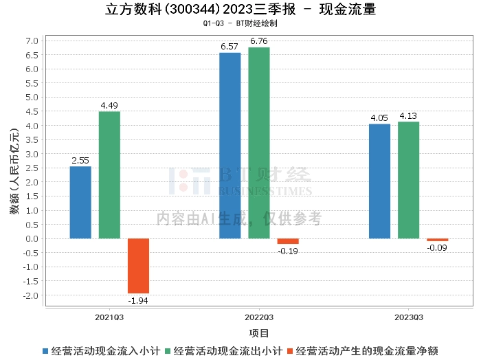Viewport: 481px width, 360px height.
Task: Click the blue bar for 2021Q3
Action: pos(80,203)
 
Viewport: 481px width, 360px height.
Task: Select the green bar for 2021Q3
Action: pos(109,175)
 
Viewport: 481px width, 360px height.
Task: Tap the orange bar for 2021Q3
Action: pos(138,266)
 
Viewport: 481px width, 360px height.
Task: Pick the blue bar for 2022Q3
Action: pos(230,146)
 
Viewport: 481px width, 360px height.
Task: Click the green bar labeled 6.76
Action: pos(259,143)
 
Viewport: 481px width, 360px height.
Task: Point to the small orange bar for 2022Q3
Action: pos(288,241)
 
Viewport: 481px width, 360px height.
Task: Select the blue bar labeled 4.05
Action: pos(379,181)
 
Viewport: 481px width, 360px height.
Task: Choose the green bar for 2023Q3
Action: pos(408,180)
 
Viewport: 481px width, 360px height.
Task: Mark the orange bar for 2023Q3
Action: pos(438,240)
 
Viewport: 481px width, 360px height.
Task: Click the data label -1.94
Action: pos(138,301)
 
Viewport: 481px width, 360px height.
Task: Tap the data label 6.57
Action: pos(230,47)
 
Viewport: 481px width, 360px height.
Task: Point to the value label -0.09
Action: pos(437,248)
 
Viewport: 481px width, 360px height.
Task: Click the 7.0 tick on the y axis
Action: pos(32,41)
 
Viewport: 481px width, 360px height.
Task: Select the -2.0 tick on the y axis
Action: pos(31,295)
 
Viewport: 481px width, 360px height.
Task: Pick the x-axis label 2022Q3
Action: pos(259,317)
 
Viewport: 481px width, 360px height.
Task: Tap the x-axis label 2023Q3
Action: pos(409,317)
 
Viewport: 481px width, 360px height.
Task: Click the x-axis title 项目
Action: pos(259,333)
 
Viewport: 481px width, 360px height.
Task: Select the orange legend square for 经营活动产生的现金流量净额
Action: pos(290,351)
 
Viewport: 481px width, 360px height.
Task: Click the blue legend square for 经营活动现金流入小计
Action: pos(45,351)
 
